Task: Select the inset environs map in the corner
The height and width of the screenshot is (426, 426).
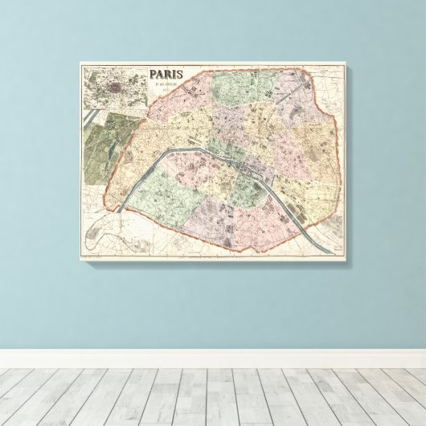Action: [113, 87]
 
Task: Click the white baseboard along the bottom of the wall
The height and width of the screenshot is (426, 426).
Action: [213, 358]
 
